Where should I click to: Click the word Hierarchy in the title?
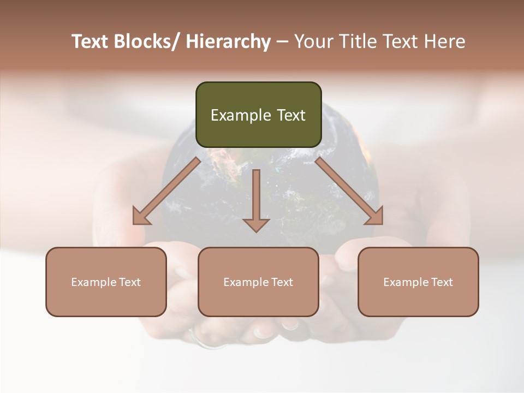click(x=228, y=41)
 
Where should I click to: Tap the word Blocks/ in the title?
click(x=147, y=41)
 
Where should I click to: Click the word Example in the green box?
click(x=241, y=115)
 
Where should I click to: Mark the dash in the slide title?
click(x=282, y=41)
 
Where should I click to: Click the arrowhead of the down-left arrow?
click(x=140, y=217)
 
